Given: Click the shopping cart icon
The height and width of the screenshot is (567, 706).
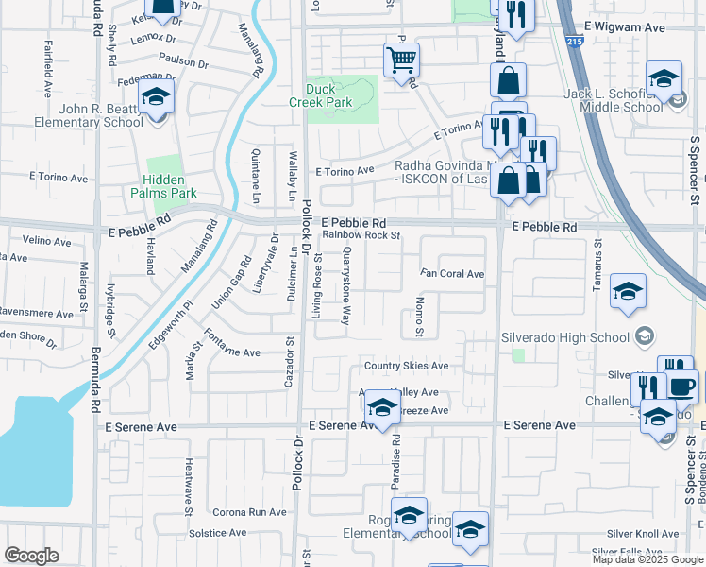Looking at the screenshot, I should pos(401,60).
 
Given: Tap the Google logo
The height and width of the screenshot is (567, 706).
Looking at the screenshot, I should pos(32,556).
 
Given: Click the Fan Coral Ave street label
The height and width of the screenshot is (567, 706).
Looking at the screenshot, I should pos(452,274).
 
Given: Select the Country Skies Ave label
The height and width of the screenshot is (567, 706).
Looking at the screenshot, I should pos(406,366).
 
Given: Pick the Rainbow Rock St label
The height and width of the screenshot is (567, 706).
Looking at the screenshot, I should pos(361,235).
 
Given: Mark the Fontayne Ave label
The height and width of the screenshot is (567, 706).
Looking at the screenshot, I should pos(231,352).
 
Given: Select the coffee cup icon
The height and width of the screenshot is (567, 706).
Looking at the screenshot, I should pos(681,386).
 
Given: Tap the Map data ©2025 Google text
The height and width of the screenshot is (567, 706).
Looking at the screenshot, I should pos(647,559).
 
